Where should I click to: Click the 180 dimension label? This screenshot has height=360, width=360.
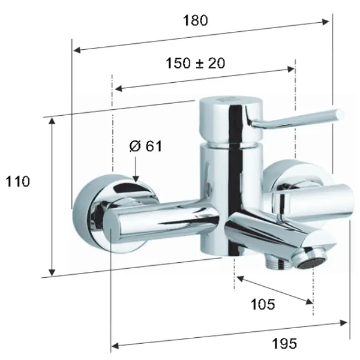pyautogui.click(x=196, y=20)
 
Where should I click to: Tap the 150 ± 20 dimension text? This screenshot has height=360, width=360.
pyautogui.click(x=196, y=63)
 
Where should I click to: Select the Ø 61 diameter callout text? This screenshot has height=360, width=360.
pyautogui.click(x=146, y=146)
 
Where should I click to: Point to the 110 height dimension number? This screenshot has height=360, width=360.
pyautogui.click(x=17, y=181)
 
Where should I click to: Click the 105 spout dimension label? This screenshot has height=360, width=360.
pyautogui.click(x=263, y=304)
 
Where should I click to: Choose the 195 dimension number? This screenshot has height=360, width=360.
pyautogui.click(x=284, y=344)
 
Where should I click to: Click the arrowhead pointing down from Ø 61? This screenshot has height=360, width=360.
pyautogui.click(x=136, y=179)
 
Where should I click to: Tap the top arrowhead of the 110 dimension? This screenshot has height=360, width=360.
pyautogui.click(x=52, y=121)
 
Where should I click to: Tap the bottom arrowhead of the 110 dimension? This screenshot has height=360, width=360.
pyautogui.click(x=52, y=272)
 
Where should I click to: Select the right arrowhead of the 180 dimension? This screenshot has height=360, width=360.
pyautogui.click(x=325, y=22)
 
